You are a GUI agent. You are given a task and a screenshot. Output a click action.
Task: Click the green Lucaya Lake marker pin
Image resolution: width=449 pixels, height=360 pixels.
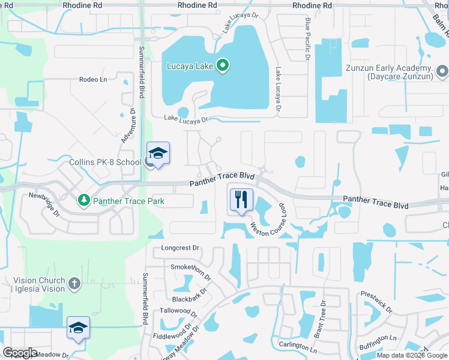pos(222,65)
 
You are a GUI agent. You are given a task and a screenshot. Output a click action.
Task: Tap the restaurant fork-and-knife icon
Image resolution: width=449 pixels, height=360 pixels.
pos(241,199)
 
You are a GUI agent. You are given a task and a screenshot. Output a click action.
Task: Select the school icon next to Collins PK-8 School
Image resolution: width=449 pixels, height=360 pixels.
pos(158,154)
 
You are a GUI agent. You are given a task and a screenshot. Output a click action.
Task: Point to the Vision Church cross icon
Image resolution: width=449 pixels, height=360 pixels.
pos(74,283)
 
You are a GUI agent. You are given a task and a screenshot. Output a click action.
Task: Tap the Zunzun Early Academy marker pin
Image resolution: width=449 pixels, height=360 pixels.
pos(442,73)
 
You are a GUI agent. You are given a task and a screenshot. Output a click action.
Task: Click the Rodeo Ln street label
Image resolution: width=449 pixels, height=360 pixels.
pos(92,79)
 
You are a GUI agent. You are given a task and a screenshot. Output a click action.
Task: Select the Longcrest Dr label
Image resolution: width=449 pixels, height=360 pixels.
pos(179,248)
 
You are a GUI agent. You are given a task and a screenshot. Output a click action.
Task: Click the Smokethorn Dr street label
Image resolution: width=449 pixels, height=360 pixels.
pos(191,272)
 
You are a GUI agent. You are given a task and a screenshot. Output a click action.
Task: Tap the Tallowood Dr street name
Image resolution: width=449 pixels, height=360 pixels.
pos(178,312)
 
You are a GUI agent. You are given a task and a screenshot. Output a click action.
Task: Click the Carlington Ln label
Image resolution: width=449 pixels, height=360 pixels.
pos(298,346)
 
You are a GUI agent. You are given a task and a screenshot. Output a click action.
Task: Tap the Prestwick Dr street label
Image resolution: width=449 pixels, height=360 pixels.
pos(377,302)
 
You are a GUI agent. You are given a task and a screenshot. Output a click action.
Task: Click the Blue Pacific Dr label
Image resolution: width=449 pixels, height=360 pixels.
pos(307,39)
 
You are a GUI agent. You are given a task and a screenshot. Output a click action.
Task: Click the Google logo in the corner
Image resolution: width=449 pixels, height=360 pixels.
pos(20,353)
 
